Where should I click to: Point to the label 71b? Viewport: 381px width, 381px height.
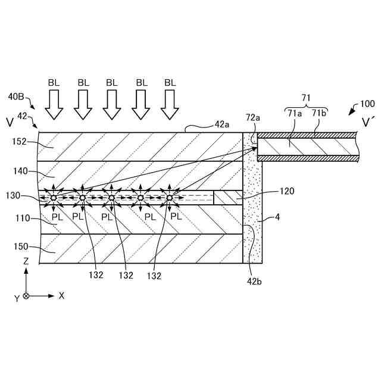(318, 113)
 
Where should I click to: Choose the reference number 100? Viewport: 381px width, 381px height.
(368, 104)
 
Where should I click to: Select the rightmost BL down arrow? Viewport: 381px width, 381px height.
(170, 106)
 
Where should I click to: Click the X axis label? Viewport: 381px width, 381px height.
(61, 295)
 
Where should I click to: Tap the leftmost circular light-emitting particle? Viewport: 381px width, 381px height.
(54, 197)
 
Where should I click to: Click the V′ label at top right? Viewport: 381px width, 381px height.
(368, 123)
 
